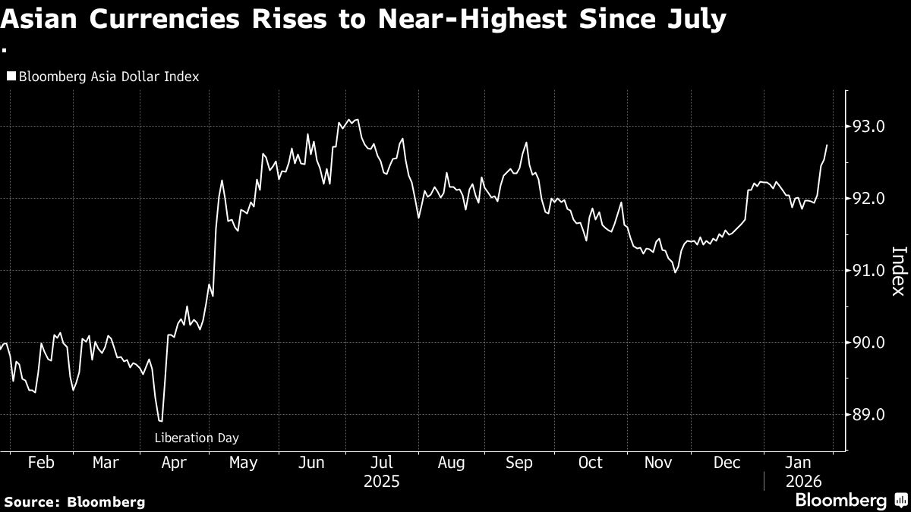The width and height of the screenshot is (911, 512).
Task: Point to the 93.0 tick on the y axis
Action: [868, 127]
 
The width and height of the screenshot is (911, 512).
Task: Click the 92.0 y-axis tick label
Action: [868, 199]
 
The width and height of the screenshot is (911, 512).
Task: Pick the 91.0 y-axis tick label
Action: [868, 271]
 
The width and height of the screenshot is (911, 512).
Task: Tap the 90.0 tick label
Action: [868, 343]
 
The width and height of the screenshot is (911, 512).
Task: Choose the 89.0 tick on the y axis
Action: [868, 415]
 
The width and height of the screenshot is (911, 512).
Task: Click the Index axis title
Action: [897, 271]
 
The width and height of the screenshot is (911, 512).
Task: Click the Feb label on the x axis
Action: [41, 463]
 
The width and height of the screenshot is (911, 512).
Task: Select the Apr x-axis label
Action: [174, 463]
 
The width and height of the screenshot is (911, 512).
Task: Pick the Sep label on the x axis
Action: [519, 463]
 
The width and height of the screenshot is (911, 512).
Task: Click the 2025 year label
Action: [381, 481]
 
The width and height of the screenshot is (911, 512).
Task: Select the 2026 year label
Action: [802, 481]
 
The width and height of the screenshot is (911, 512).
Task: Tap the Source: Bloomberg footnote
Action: [74, 501]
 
